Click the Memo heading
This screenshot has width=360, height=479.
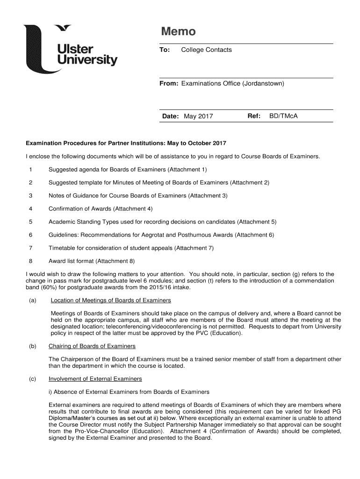coord(178,32)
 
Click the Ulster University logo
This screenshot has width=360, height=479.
coord(70,49)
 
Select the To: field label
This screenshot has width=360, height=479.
coord(165,50)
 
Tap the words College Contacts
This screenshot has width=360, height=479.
coord(206,50)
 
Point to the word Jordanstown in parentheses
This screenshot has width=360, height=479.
coord(263,83)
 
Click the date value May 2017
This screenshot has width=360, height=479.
coord(198,116)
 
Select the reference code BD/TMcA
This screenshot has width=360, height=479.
coord(283,116)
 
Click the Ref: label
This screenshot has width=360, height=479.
coord(253,116)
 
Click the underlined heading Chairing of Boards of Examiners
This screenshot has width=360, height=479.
coord(92,346)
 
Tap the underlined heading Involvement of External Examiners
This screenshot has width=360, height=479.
coord(95,378)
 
